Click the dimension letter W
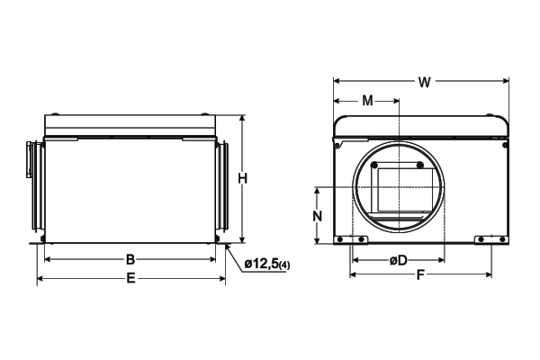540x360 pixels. [x=424, y=82]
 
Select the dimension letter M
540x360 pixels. [x=368, y=101]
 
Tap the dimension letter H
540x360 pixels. [x=243, y=179]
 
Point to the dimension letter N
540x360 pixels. [x=317, y=216]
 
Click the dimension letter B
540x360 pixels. [x=130, y=259]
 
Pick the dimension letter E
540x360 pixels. [x=130, y=278]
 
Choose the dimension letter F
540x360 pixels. [x=420, y=274]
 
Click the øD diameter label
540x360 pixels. [x=399, y=260]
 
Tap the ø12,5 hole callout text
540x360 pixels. [x=261, y=265]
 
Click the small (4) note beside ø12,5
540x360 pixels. [x=284, y=265]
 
